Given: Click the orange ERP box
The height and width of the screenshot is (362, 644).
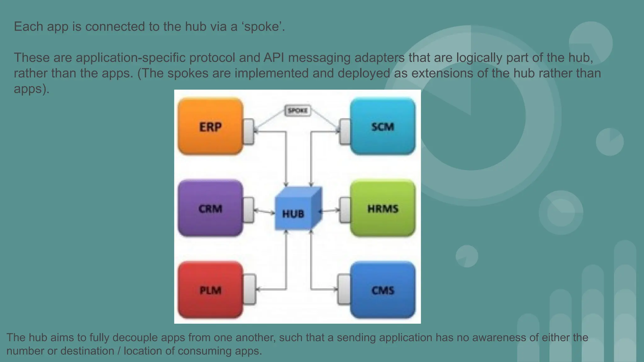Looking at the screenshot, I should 210,126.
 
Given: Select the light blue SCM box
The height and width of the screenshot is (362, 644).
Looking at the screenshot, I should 383,126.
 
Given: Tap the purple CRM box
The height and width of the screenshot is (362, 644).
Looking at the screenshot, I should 210,208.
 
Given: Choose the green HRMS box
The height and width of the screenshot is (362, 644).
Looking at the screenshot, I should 383,208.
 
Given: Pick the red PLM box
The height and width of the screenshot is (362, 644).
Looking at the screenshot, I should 210,290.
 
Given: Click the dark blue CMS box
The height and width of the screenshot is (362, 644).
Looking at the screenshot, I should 383,290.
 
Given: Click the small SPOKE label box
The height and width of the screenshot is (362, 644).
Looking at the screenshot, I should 297,110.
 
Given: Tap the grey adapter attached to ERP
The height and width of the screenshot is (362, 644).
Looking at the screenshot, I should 249,132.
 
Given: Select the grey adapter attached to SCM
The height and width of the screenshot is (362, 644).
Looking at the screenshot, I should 345,132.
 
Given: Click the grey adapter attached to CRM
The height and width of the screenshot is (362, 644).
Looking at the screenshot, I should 249,210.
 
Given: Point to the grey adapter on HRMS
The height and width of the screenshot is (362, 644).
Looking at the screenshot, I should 345,210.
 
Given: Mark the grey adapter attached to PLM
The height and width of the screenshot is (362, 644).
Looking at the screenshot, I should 249,289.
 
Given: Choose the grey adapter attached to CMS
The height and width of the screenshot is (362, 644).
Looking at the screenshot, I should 344,289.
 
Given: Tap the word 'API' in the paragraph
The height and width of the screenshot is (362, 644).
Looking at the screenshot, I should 274,58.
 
